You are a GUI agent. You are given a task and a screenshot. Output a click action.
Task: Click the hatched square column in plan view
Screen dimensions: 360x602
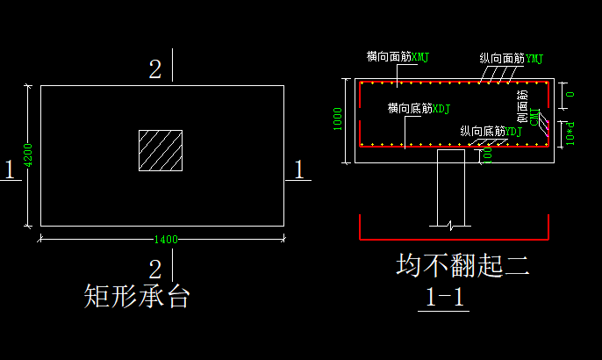pyautogui.click(x=161, y=150)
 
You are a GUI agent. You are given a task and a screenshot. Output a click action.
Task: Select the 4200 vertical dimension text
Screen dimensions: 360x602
pyautogui.click(x=28, y=155)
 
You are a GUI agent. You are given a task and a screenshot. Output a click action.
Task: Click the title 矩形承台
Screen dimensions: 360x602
pyautogui.click(x=137, y=296)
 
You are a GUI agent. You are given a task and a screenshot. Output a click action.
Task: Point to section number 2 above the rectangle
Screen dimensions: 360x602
pyautogui.click(x=155, y=70)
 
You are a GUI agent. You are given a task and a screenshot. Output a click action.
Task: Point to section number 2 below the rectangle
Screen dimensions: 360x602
pyautogui.click(x=155, y=270)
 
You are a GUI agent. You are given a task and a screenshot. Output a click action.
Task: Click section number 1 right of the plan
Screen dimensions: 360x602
pyautogui.click(x=298, y=169)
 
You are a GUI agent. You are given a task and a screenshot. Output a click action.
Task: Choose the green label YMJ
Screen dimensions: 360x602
pyautogui.click(x=534, y=59)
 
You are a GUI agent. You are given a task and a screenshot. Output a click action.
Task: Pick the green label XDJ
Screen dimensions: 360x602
pyautogui.click(x=442, y=109)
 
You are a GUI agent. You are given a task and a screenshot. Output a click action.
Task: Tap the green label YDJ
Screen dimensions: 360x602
pyautogui.click(x=514, y=132)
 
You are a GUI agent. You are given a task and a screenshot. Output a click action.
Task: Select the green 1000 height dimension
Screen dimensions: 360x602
pyautogui.click(x=337, y=119)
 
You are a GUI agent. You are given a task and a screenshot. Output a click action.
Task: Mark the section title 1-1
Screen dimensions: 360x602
pyautogui.click(x=445, y=298)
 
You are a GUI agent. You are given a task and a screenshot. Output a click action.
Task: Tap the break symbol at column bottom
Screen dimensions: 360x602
pyautogui.click(x=450, y=226)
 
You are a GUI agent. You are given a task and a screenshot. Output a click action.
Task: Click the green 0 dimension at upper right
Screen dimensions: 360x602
pyautogui.click(x=570, y=94)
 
